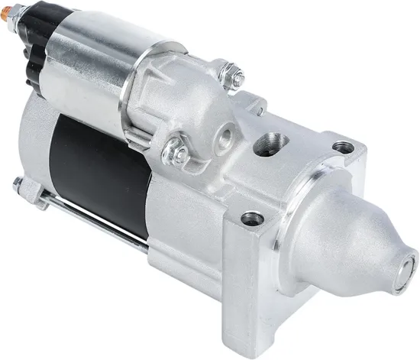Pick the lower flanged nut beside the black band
tap(176, 151)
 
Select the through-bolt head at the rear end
tap(21, 185)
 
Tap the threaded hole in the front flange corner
tap(252, 219)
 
